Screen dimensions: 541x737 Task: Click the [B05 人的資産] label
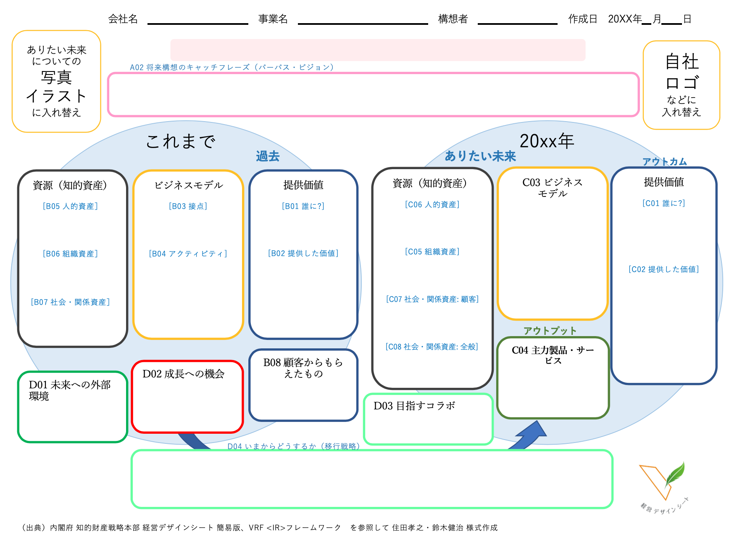click(70, 206)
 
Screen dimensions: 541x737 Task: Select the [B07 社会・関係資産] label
click(70, 302)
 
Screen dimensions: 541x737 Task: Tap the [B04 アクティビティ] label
click(188, 254)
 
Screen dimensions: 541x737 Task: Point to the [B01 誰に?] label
click(303, 206)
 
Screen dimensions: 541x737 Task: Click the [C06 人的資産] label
click(432, 204)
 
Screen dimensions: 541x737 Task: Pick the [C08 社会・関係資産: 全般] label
click(432, 347)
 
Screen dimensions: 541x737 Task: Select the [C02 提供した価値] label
click(663, 269)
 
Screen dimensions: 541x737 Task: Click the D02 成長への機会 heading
click(183, 374)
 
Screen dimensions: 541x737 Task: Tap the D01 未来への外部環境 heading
click(69, 390)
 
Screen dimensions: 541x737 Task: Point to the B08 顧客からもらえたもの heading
click(303, 368)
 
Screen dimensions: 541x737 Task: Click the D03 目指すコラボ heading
click(414, 406)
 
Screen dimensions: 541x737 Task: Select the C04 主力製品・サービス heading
click(553, 355)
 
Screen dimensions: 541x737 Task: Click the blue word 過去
click(268, 156)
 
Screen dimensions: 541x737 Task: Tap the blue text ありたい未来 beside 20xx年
click(480, 156)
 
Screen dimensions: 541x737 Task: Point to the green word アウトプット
click(550, 331)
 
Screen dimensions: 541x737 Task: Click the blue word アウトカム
click(664, 162)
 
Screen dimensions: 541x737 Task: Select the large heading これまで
click(181, 141)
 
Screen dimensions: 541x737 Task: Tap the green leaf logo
click(675, 474)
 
